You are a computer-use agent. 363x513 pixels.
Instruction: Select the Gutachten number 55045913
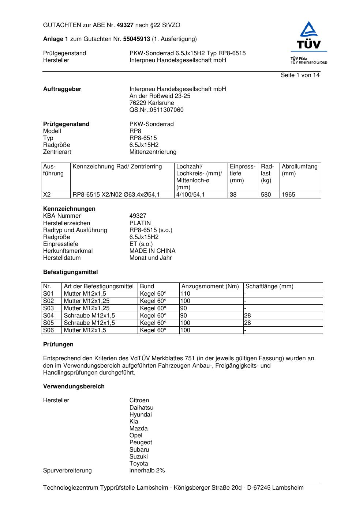pos(136,39)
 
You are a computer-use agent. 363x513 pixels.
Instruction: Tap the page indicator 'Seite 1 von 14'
pos(300,75)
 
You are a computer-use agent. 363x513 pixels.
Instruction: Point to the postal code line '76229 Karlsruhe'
pos(151,103)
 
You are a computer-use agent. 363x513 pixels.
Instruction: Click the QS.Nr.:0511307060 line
pos(156,110)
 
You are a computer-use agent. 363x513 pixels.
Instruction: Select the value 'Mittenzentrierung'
pos(153,152)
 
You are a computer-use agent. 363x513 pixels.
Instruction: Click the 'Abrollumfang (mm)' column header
pos(299,170)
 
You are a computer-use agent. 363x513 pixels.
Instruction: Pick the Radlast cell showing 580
pos(266,195)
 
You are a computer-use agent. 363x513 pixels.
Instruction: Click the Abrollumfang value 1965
pos(288,195)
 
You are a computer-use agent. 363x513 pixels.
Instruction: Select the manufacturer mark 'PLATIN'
pos(140,223)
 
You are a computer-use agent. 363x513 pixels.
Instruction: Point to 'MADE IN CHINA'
pos(152,251)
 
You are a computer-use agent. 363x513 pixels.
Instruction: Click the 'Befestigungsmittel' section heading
pos(70,272)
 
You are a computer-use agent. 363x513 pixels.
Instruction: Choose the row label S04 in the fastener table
pos(48,316)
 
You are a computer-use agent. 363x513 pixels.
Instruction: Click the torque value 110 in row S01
pos(185,294)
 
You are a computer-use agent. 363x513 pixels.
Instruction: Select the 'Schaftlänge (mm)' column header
pos(269,286)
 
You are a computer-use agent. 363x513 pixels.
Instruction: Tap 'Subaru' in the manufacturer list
pos(139,450)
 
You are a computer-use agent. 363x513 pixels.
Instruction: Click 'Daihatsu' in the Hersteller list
pos(141,408)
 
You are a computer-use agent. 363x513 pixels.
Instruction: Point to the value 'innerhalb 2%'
pos(147,471)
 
